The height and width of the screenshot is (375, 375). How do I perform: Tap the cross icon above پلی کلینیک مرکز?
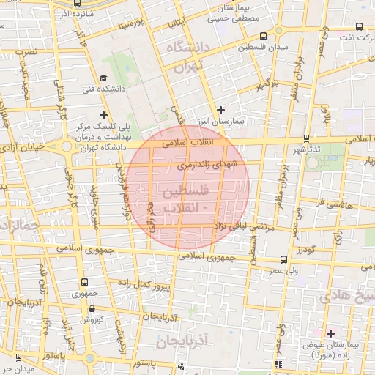click(x=103, y=115)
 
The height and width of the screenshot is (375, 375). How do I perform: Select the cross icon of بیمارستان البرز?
click(x=220, y=109)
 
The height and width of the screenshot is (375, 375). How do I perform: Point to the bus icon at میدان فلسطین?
click(x=263, y=35)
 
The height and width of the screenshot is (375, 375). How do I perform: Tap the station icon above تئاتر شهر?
click(x=306, y=138)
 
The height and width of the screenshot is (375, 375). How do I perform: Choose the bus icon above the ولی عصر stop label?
click(x=284, y=260)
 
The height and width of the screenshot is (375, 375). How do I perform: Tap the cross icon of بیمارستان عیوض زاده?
click(x=330, y=333)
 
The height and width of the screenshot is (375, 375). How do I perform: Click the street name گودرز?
click(x=306, y=251)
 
